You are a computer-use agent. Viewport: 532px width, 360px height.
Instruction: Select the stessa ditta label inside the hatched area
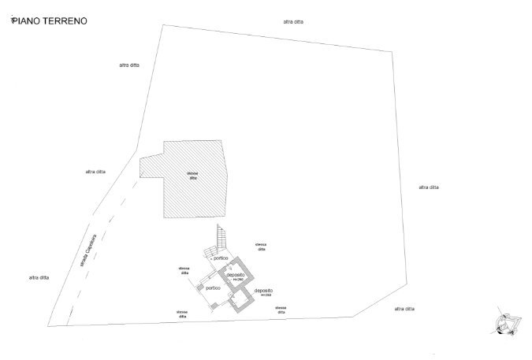(x=192, y=176)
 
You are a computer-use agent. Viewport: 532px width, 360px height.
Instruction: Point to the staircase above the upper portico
(x=221, y=236)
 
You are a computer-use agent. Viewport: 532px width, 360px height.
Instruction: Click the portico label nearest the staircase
(x=221, y=258)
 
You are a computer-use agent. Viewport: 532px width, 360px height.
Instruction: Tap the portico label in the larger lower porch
(x=212, y=288)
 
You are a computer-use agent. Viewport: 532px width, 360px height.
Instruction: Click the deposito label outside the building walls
(x=263, y=291)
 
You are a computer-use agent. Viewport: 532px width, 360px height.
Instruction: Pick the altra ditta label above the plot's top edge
(x=293, y=22)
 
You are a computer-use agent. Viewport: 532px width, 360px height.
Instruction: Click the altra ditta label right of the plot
(x=429, y=187)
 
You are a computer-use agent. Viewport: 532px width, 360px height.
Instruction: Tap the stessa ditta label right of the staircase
(x=260, y=247)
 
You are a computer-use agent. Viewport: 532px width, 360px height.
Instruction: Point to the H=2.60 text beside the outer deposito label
(x=265, y=296)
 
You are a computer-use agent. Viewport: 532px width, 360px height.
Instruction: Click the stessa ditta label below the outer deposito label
(x=281, y=309)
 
